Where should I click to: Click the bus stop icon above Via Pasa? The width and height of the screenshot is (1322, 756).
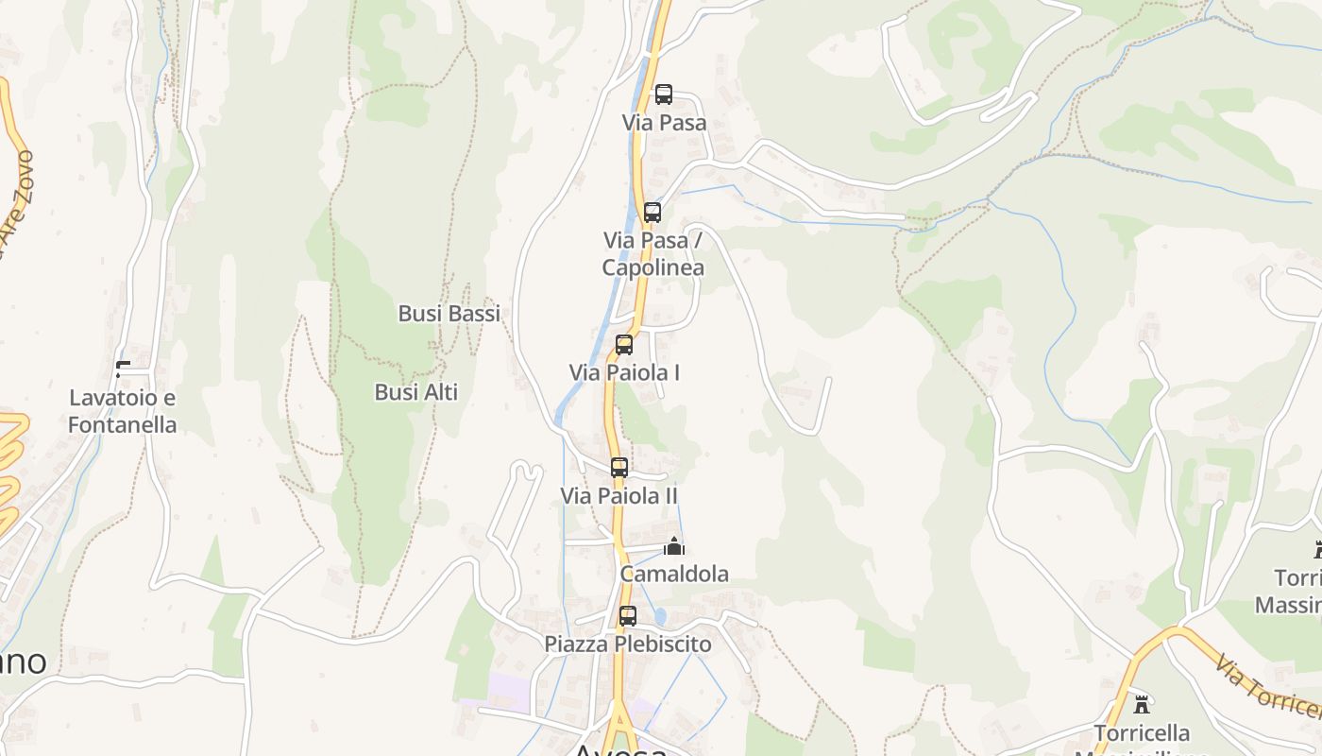tap(664, 94)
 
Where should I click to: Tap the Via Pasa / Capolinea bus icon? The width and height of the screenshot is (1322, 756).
tap(653, 213)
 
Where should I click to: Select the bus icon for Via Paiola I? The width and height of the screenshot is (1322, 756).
tap(624, 345)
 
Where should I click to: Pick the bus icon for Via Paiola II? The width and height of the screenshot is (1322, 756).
tap(619, 468)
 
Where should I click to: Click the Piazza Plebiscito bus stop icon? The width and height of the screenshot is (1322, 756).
tap(628, 616)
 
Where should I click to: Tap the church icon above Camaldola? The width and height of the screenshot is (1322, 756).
tap(674, 546)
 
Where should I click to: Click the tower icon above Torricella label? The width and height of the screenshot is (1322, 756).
tap(1142, 704)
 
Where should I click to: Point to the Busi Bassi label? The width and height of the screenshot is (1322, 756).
tap(449, 314)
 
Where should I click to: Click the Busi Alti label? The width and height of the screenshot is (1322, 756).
tap(416, 392)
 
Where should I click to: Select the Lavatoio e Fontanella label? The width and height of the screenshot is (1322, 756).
tap(123, 411)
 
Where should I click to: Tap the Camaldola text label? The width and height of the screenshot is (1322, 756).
tap(674, 574)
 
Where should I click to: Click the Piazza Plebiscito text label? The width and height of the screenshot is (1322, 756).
tap(628, 644)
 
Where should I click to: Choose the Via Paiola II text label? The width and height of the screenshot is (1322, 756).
tap(619, 496)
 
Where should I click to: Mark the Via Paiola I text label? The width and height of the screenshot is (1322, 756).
tap(624, 373)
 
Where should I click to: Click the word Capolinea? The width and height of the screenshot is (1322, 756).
tap(653, 267)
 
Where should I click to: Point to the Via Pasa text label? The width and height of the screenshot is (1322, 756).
tap(664, 123)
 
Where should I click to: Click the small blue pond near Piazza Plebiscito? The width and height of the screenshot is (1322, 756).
tap(659, 616)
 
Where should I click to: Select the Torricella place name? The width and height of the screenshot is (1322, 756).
tap(1142, 733)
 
